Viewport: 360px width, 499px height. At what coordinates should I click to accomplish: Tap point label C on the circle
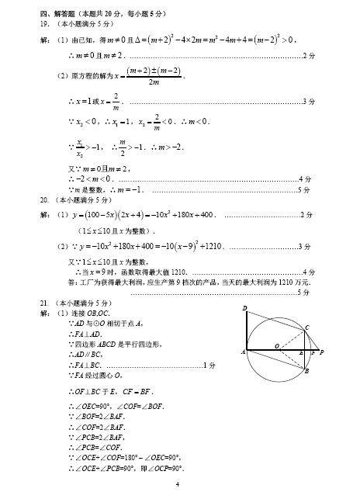click(306, 327)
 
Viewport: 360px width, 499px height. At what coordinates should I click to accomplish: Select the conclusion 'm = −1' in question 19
click(126, 189)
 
